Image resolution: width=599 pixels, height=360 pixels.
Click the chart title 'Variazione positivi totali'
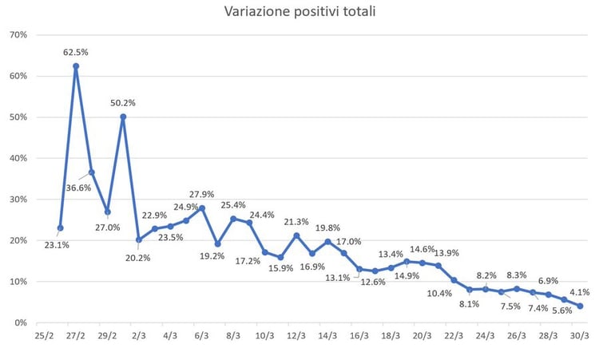point(299,11)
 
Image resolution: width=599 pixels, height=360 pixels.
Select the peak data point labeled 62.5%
point(76,66)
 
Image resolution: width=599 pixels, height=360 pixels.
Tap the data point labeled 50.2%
point(123,117)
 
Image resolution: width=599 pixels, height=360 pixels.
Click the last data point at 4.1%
point(580,306)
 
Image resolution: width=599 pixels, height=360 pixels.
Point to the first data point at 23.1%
point(60,227)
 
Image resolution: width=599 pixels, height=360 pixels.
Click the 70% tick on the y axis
point(18,35)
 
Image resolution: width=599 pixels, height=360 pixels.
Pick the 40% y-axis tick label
point(18,158)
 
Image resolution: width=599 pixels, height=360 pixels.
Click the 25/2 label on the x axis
point(44,337)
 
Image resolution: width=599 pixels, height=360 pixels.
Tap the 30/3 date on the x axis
point(579,337)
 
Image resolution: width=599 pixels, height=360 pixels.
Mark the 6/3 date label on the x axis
point(201,337)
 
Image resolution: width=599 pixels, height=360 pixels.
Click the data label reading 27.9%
point(202,194)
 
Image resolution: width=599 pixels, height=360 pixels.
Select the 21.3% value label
point(296,221)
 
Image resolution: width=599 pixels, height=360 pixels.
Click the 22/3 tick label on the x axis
point(453,337)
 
